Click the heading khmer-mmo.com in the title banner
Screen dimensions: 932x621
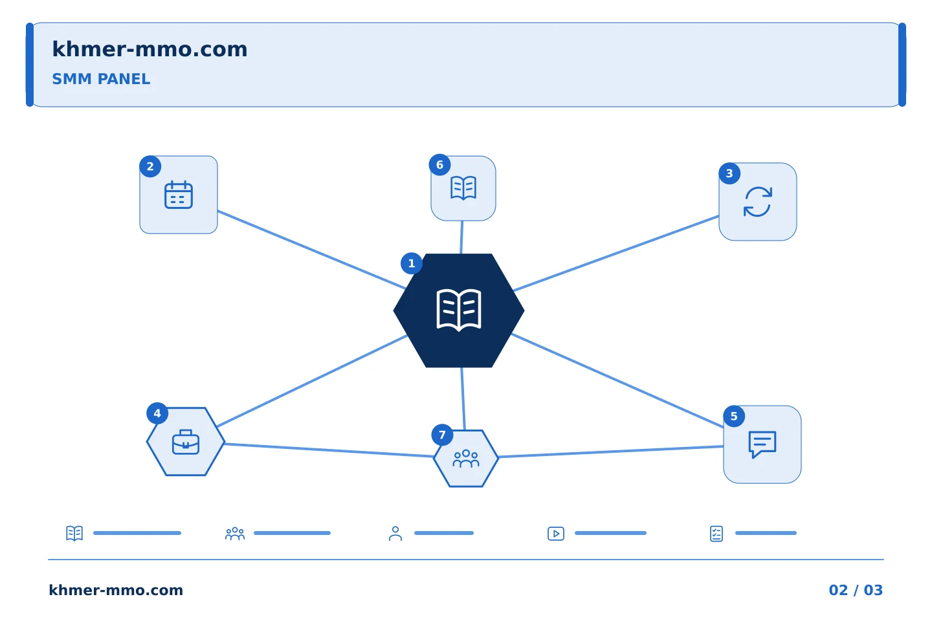click(x=150, y=49)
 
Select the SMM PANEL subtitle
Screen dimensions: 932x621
click(x=101, y=79)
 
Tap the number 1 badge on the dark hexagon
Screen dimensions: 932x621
click(x=412, y=263)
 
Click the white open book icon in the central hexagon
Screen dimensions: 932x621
click(x=459, y=310)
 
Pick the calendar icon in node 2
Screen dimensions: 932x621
click(x=179, y=195)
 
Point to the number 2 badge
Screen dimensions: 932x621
click(x=150, y=166)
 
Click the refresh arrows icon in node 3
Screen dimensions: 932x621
click(x=758, y=202)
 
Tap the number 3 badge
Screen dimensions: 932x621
click(x=729, y=173)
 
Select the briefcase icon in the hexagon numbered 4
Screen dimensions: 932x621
click(x=186, y=442)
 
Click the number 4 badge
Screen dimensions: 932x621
click(x=157, y=413)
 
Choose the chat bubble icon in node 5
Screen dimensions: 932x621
click(x=762, y=444)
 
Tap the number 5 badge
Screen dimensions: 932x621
click(x=734, y=417)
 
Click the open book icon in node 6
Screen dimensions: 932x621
click(x=463, y=188)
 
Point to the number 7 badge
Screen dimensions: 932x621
click(x=442, y=435)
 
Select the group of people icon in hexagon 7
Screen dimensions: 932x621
click(x=466, y=459)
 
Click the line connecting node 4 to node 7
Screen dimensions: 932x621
click(x=329, y=450)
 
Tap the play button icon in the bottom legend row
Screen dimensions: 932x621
click(x=556, y=534)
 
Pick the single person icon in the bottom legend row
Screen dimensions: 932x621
click(x=395, y=534)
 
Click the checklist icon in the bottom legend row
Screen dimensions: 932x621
click(x=716, y=534)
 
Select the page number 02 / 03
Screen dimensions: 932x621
click(x=856, y=590)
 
